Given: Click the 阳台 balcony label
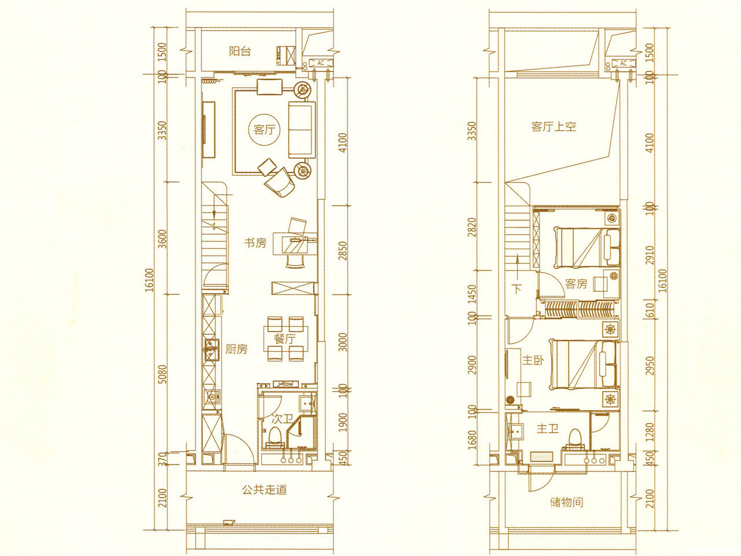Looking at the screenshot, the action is pyautogui.click(x=240, y=52).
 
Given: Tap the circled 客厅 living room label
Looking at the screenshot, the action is pyautogui.click(x=265, y=129).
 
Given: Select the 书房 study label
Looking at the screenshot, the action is pyautogui.click(x=255, y=243).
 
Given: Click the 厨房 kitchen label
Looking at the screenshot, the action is pyautogui.click(x=236, y=349).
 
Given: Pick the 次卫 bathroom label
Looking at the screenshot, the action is pyautogui.click(x=283, y=419).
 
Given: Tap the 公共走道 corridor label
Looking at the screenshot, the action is pyautogui.click(x=265, y=489).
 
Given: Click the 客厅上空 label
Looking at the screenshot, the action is pyautogui.click(x=553, y=127).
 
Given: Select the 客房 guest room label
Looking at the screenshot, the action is pyautogui.click(x=576, y=284).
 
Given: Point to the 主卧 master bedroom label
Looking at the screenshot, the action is pyautogui.click(x=533, y=361).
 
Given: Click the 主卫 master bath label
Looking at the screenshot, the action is pyautogui.click(x=548, y=429).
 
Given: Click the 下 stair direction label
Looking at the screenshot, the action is pyautogui.click(x=517, y=289).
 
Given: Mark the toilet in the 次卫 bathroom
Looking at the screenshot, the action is pyautogui.click(x=274, y=437).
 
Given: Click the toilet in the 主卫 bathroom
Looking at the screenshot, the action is pyautogui.click(x=575, y=439).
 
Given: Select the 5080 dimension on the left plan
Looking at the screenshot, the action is pyautogui.click(x=162, y=374).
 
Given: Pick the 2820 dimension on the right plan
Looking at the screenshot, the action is pyautogui.click(x=472, y=227).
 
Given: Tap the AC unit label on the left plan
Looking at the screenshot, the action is pyautogui.click(x=321, y=63).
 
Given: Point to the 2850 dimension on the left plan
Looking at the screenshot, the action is pyautogui.click(x=343, y=250).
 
